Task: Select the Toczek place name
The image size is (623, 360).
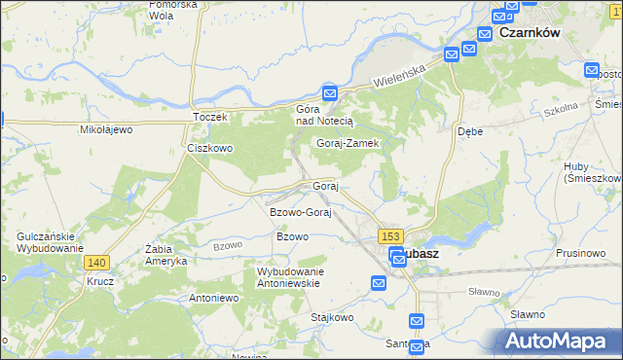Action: click(209, 117)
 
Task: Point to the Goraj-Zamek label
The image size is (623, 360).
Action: click(347, 143)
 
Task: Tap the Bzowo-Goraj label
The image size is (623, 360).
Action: click(301, 212)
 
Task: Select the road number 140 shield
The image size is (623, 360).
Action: click(96, 263)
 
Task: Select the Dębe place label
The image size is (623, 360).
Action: click(471, 130)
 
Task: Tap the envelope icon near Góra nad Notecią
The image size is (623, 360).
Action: click(330, 94)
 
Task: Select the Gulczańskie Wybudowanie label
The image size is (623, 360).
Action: click(49, 242)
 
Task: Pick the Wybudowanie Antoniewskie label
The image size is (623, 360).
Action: click(288, 277)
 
